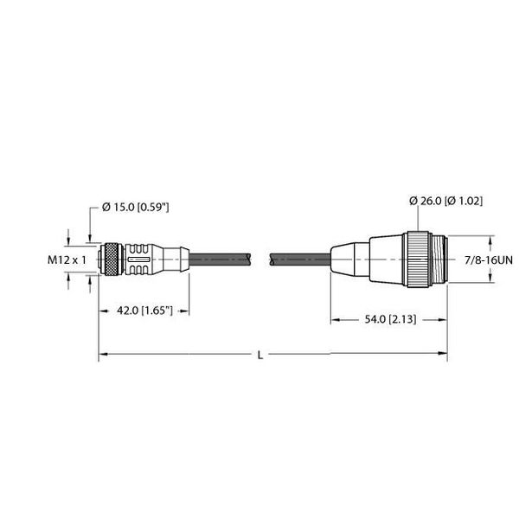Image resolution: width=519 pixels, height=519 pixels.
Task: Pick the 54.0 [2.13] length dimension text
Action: (x=388, y=319)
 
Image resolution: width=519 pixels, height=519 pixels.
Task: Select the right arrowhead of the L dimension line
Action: (x=444, y=354)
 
